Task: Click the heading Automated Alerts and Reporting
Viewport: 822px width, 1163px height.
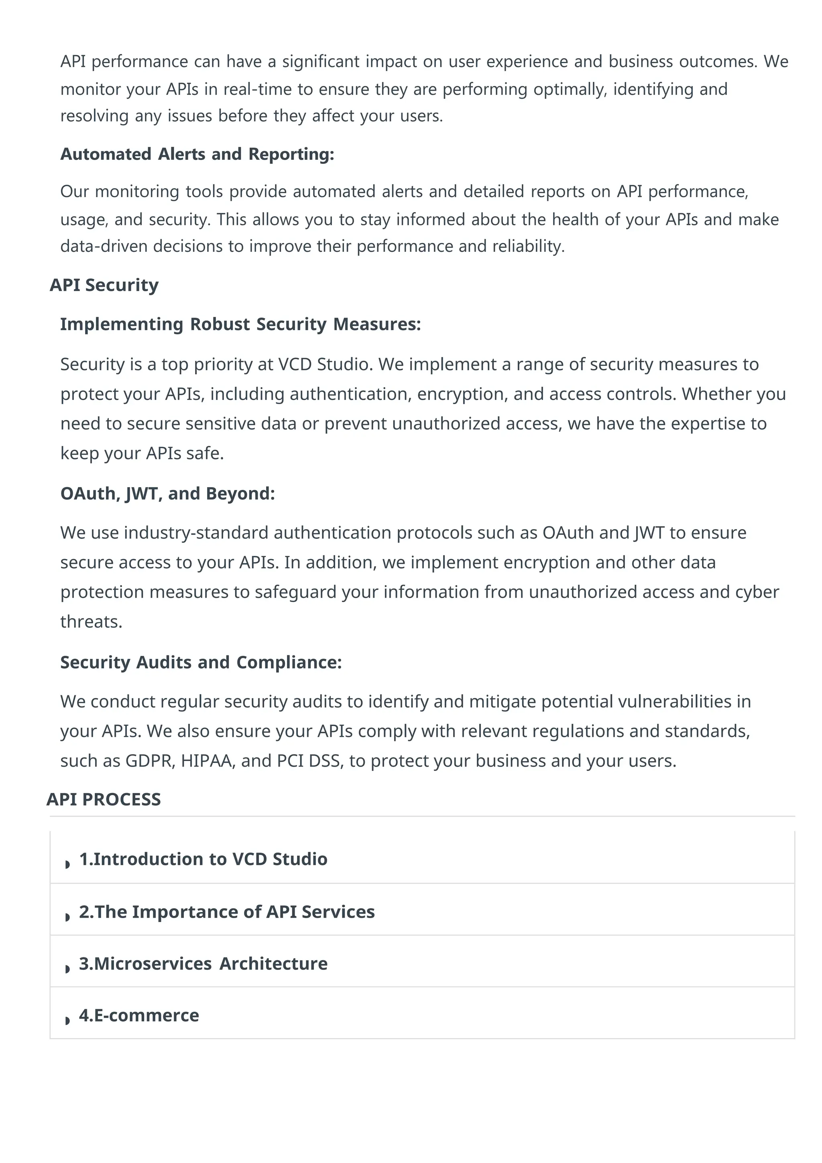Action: [197, 154]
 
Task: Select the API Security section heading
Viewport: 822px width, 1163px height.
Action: [104, 285]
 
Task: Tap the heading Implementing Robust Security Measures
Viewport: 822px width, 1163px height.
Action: [240, 324]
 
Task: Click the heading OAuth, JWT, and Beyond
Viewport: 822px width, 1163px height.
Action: [167, 494]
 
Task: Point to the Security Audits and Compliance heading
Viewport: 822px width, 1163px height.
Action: [201, 663]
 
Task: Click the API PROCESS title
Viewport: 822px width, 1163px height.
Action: [104, 799]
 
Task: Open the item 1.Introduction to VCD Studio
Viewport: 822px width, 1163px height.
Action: [203, 859]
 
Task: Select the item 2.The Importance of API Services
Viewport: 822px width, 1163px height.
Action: [227, 912]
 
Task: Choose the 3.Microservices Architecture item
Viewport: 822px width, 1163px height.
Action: [203, 963]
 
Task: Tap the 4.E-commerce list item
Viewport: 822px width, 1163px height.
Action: [139, 1016]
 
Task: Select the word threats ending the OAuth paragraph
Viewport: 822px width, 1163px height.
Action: [91, 622]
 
